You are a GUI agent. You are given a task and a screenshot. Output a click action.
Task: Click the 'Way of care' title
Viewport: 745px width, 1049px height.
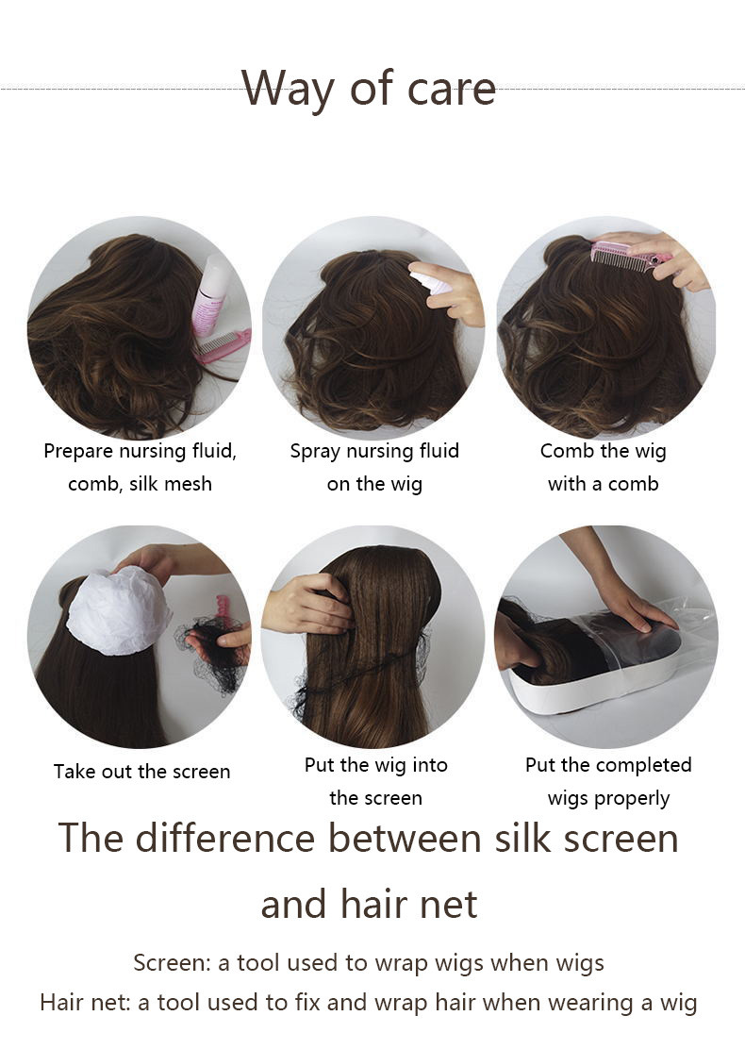pos(369,89)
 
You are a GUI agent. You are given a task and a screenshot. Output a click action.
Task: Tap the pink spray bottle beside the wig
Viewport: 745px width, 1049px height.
pos(210,293)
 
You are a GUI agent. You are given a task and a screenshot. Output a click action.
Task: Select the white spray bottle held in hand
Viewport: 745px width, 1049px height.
pos(431,280)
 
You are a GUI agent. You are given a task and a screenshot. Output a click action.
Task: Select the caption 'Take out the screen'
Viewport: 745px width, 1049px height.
pos(141,772)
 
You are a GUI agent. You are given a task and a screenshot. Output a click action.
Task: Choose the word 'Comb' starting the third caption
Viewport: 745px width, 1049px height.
pos(568,451)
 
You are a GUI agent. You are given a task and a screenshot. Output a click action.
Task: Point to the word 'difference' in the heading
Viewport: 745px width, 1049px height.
pos(224,838)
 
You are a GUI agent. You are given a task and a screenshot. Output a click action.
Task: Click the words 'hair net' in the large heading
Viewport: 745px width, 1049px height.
pos(409,904)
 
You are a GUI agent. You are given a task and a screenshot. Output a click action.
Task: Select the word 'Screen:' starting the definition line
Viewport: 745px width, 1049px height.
pos(173,963)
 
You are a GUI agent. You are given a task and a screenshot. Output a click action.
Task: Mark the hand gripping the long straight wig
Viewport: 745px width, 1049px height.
pos(309,605)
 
